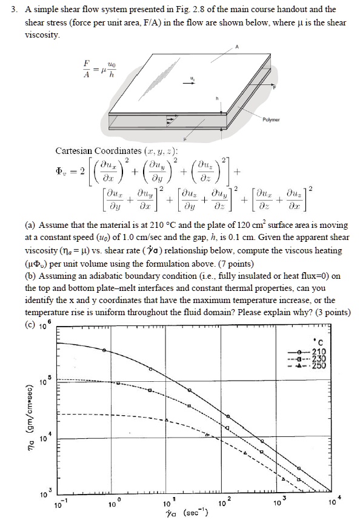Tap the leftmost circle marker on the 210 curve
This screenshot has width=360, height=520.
point(104,350)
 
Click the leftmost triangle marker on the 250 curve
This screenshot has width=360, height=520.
point(207,435)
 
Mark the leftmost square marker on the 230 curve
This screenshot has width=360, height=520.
point(119,383)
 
